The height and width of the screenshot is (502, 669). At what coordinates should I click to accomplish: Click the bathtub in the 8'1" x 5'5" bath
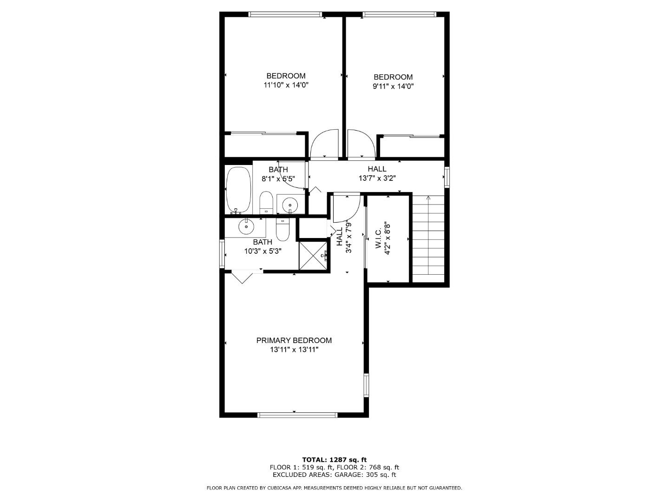(x=238, y=189)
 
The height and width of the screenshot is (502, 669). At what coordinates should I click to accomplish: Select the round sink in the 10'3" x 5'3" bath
(x=246, y=227)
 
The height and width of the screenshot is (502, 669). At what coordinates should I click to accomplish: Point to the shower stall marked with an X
(x=313, y=255)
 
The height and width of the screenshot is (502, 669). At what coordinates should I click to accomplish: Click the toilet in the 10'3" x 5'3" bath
(x=282, y=228)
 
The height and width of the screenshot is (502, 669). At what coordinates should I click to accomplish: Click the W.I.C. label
(x=378, y=238)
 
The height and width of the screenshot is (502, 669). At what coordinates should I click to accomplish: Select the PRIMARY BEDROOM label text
(x=294, y=340)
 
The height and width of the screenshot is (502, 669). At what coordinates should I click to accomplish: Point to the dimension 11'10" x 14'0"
(x=286, y=85)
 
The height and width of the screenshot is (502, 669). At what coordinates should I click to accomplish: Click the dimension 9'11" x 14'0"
(x=393, y=86)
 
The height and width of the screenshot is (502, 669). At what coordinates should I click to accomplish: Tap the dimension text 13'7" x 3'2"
(x=377, y=178)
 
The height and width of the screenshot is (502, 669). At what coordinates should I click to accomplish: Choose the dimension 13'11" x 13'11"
(x=294, y=350)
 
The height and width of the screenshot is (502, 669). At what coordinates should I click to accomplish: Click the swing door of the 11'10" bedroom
(x=324, y=144)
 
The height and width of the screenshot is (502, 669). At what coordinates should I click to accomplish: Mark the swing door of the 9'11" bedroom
(x=361, y=144)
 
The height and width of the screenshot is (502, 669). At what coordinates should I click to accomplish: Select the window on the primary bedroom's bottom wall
(x=297, y=415)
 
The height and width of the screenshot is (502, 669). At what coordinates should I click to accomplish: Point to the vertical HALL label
(x=340, y=236)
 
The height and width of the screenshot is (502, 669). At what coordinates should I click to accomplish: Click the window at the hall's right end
(x=446, y=177)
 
